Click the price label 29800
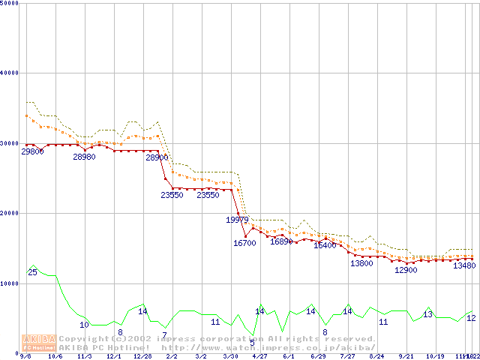(32, 151)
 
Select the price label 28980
(84, 157)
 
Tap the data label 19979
(237, 220)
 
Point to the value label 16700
(244, 243)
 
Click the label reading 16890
(281, 241)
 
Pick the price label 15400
(325, 245)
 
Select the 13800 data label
(361, 263)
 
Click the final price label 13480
(464, 265)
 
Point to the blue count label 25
(32, 272)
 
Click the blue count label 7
(164, 335)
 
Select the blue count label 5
(252, 343)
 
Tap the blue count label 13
(428, 314)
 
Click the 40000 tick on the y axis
(11, 73)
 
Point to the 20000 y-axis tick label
(11, 213)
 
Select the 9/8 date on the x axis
(25, 356)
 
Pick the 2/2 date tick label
(172, 356)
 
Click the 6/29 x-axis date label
(318, 356)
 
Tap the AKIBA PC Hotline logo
(37, 343)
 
